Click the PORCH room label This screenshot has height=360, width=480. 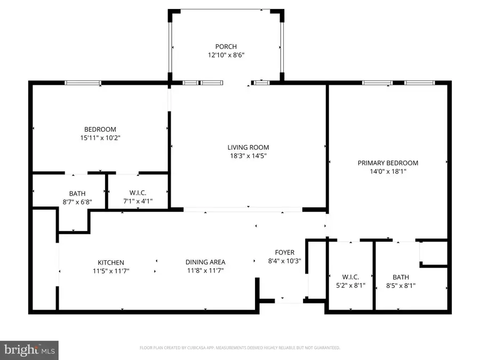pyautogui.click(x=227, y=46)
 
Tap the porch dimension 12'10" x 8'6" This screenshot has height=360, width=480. pyautogui.click(x=227, y=55)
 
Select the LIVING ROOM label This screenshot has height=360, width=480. pyautogui.click(x=248, y=147)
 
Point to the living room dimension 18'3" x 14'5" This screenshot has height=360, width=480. pyautogui.click(x=248, y=156)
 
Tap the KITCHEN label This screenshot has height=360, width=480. pyautogui.click(x=110, y=262)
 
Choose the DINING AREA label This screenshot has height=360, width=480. pyautogui.click(x=205, y=262)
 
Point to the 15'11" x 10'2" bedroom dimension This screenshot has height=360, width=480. pyautogui.click(x=100, y=138)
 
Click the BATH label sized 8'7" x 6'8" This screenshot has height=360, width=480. pyautogui.click(x=77, y=194)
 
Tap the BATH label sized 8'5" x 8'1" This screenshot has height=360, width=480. pyautogui.click(x=401, y=277)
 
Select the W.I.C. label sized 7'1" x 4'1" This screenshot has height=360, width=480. pyautogui.click(x=138, y=194)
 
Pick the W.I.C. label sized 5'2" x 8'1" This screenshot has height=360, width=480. pyautogui.click(x=350, y=277)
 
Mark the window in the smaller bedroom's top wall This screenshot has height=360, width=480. pyautogui.click(x=83, y=83)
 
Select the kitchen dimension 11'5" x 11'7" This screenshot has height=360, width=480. pyautogui.click(x=110, y=271)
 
